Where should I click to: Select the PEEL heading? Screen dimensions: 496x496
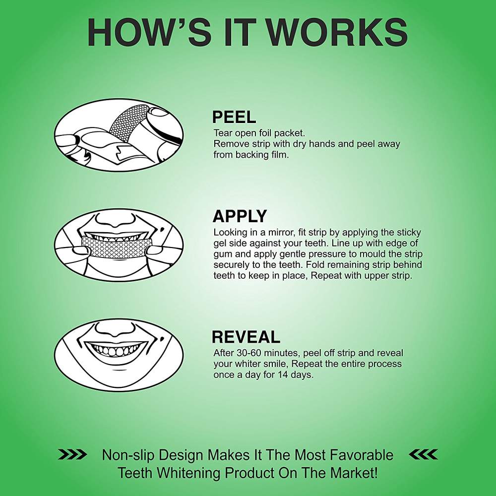234,118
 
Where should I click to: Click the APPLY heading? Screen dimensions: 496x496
240,217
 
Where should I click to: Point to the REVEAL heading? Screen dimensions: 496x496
246,337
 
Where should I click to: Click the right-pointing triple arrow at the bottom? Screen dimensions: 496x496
72,454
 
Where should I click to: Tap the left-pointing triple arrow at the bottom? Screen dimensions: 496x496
423,454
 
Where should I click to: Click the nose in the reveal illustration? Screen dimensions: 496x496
116,330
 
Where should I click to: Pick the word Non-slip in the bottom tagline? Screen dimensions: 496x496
128,455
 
